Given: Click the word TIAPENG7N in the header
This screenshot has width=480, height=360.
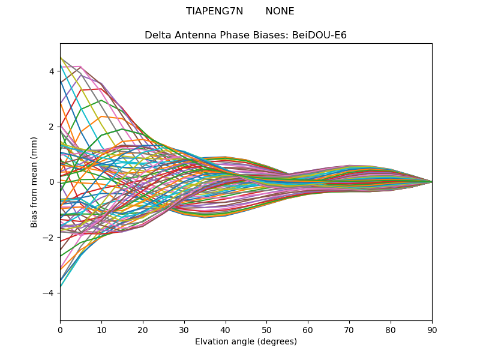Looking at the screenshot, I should click(x=215, y=11).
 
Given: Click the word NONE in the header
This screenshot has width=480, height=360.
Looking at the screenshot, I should click(x=280, y=11).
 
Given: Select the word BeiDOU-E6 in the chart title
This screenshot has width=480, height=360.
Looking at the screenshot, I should click(x=319, y=35).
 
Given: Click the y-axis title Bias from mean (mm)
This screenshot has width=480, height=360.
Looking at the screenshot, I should click(x=35, y=182).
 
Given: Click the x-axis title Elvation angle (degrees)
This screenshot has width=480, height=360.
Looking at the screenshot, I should click(x=246, y=341).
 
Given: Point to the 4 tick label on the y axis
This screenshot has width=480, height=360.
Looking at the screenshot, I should click(x=52, y=71).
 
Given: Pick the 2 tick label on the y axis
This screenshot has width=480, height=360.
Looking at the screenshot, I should click(x=52, y=127).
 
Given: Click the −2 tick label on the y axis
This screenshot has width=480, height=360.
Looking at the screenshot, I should click(x=49, y=238).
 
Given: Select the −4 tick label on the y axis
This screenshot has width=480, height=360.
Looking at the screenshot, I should click(x=49, y=293).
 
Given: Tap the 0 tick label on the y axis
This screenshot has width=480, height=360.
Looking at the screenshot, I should click(x=52, y=182).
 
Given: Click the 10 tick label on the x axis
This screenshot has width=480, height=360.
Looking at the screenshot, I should click(x=101, y=329).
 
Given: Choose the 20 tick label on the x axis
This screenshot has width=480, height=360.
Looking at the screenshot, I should click(x=143, y=329).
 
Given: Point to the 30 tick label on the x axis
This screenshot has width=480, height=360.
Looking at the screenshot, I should click(x=184, y=329).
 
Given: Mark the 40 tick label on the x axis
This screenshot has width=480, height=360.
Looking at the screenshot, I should click(x=226, y=329).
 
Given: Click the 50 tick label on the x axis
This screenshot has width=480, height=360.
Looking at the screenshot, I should click(x=266, y=329).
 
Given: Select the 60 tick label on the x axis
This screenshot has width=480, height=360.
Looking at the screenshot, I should click(x=308, y=329).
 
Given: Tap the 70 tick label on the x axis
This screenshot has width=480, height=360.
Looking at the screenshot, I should click(x=349, y=329).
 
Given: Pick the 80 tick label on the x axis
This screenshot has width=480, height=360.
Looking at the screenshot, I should click(x=391, y=329).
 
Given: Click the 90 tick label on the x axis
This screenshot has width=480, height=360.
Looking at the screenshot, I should click(x=432, y=329).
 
